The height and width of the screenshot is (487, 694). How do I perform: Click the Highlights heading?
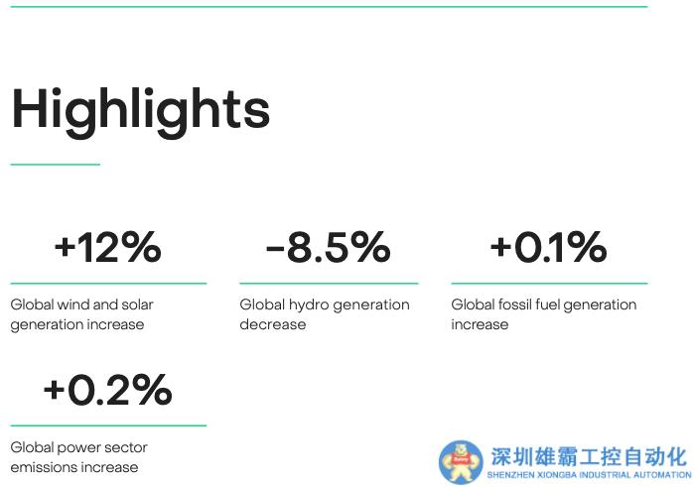pyautogui.click(x=140, y=109)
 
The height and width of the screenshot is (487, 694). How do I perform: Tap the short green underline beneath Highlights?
pyautogui.click(x=55, y=164)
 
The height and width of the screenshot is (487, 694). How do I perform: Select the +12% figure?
pyautogui.click(x=107, y=247)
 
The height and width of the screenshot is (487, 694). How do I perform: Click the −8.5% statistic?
pyautogui.click(x=328, y=247)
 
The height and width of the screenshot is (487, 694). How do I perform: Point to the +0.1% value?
pyautogui.click(x=548, y=247)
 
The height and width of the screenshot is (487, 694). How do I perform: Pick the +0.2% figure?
pyautogui.click(x=107, y=390)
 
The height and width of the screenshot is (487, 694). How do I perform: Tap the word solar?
pyautogui.click(x=138, y=304)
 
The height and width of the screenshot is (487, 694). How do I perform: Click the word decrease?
pyautogui.click(x=273, y=324)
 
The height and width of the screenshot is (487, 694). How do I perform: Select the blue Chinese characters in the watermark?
pyautogui.click(x=588, y=457)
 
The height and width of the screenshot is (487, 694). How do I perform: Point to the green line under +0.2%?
pyautogui.click(x=108, y=426)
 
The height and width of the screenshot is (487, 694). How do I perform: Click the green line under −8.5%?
pyautogui.click(x=329, y=283)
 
